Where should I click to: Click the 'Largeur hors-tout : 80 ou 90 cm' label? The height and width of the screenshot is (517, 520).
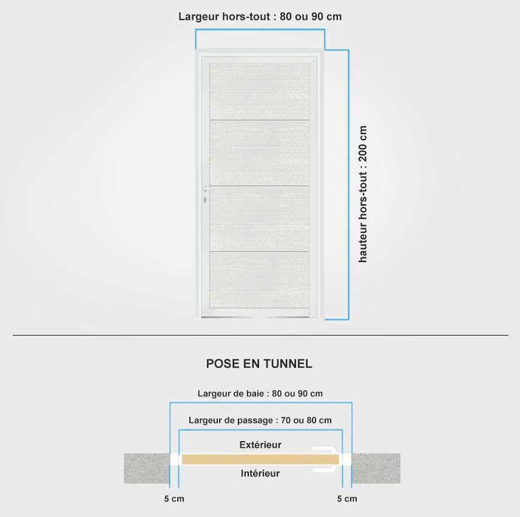(x=260, y=16)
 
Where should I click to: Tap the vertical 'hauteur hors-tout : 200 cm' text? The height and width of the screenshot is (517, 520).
(x=363, y=194)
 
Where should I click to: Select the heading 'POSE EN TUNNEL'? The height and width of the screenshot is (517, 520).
(x=259, y=364)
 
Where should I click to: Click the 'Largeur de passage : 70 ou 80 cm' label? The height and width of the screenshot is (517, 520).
(x=260, y=421)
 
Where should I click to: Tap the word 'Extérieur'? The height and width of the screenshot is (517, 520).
(x=260, y=445)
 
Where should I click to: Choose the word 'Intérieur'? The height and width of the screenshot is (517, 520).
(x=260, y=473)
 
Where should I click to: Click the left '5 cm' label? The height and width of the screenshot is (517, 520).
(x=174, y=499)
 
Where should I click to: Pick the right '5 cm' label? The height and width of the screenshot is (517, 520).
(x=347, y=499)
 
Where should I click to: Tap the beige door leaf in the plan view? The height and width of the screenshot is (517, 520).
(x=260, y=459)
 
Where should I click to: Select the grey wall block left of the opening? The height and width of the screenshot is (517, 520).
(x=147, y=468)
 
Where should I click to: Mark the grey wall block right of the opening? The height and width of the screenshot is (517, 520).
(x=376, y=468)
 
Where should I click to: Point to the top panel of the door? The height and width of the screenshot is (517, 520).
(x=260, y=91)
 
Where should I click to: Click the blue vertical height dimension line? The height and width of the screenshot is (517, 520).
(x=348, y=184)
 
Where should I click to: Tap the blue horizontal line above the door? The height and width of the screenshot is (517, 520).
(x=260, y=30)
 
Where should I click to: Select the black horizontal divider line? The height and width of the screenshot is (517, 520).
(x=260, y=336)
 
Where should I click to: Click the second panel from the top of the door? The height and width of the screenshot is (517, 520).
(x=260, y=152)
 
